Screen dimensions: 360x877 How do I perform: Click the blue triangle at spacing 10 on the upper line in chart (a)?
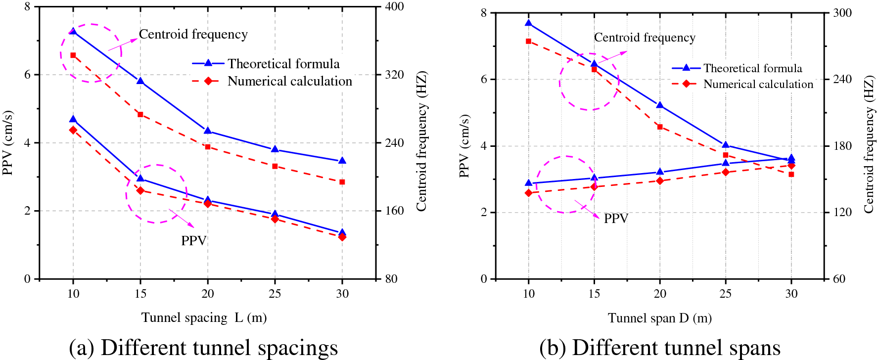point(73,31)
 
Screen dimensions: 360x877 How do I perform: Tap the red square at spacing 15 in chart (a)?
point(140,115)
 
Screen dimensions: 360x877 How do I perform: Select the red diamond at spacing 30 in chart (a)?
point(342,237)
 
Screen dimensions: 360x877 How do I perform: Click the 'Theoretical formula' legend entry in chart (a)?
point(283,64)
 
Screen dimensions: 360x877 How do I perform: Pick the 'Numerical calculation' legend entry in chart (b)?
point(758,84)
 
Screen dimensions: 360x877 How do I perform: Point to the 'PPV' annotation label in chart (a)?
point(193,241)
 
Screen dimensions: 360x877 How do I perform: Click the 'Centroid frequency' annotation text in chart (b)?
point(645,38)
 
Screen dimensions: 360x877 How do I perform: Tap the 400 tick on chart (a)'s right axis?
point(394,6)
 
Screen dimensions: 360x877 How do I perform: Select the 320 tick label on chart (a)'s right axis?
point(394,75)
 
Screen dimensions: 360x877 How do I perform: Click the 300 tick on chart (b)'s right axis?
point(842,13)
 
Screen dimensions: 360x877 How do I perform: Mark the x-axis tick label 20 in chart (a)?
point(208,294)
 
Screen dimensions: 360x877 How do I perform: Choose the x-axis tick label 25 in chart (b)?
point(725,294)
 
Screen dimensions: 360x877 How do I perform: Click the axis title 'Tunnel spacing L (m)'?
point(204,317)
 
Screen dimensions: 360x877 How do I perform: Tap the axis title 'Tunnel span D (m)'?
point(660,318)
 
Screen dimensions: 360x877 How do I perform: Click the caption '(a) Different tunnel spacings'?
point(203,348)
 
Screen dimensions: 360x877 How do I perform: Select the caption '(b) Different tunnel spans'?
point(660,348)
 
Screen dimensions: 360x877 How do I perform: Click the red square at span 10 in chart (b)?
point(529,42)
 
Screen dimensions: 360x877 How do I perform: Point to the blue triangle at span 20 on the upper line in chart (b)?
point(660,105)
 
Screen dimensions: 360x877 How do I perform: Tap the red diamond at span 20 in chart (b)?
point(660,181)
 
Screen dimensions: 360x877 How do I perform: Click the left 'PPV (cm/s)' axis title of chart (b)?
point(464,146)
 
